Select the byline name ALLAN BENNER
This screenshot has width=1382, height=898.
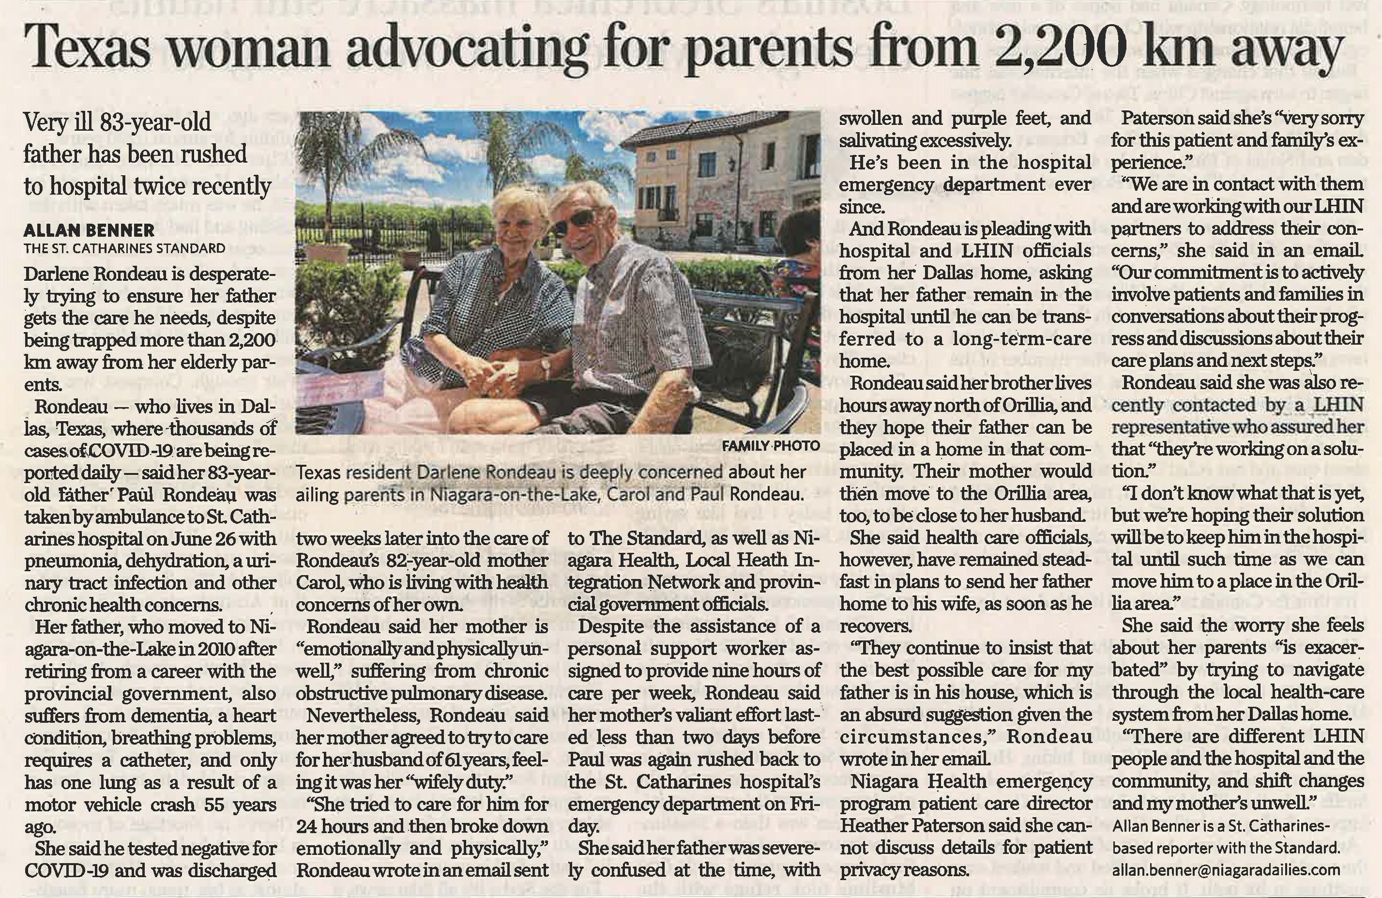89,230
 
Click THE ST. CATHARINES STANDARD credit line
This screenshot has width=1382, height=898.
124,249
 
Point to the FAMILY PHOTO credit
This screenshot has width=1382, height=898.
771,446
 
